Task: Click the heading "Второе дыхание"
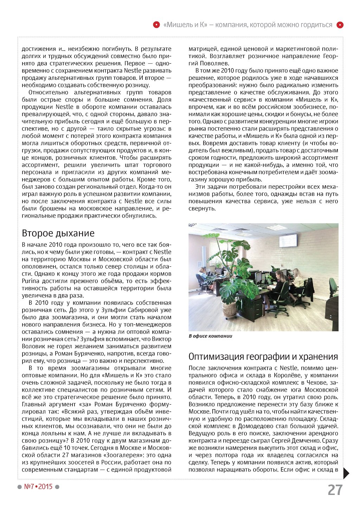58,233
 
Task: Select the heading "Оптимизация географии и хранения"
263,356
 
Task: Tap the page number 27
335,490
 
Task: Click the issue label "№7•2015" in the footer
38,487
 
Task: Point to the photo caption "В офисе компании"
210,336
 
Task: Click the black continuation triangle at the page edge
346,473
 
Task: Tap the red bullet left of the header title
156,25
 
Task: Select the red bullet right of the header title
340,25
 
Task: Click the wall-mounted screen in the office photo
288,241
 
